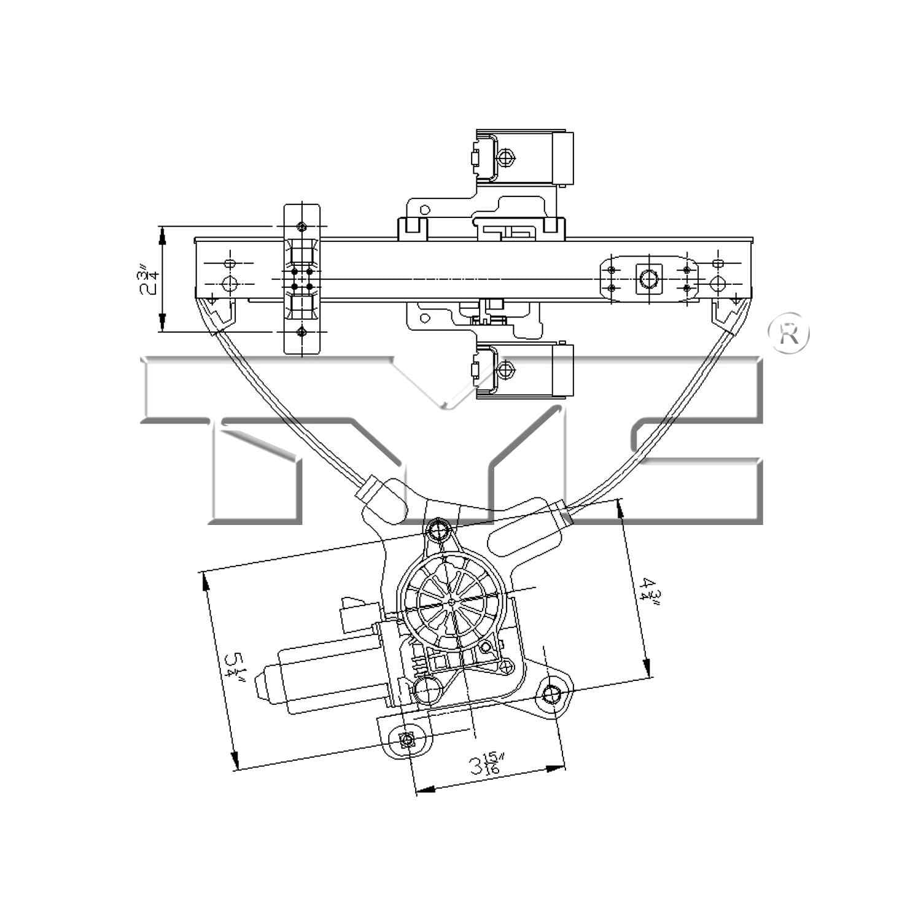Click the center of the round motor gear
point(451,602)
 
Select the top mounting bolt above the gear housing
point(438,528)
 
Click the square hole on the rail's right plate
point(648,278)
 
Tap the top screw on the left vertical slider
point(301,225)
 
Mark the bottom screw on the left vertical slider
point(301,332)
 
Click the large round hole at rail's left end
point(229,284)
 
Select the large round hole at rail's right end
point(717,283)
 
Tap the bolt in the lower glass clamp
point(505,370)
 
